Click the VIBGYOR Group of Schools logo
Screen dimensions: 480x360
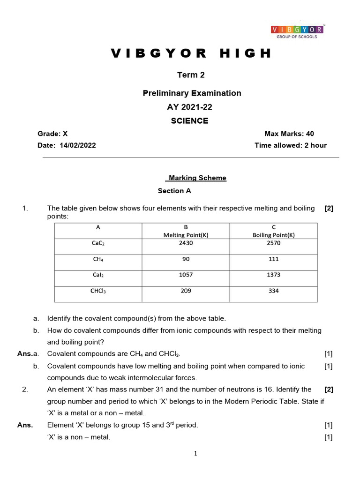pyautogui.click(x=297, y=32)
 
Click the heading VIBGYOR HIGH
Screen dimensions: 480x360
pyautogui.click(x=191, y=53)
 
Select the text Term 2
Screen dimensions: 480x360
pyautogui.click(x=191, y=75)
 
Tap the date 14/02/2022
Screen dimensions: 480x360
pyautogui.click(x=78, y=145)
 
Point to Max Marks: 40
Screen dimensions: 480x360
pyautogui.click(x=289, y=134)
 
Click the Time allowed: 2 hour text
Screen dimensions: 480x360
pyautogui.click(x=291, y=145)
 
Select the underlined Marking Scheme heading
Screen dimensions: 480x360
pyautogui.click(x=196, y=178)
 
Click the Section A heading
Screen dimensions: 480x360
pyautogui.click(x=174, y=191)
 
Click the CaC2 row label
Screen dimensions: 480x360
pyautogui.click(x=98, y=243)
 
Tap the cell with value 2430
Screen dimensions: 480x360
pyautogui.click(x=186, y=243)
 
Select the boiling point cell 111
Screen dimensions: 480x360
pyautogui.click(x=274, y=259)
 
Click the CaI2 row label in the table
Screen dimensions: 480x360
pyautogui.click(x=98, y=275)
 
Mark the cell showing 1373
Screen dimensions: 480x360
pyautogui.click(x=274, y=275)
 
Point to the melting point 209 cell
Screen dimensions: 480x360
pyautogui.click(x=186, y=291)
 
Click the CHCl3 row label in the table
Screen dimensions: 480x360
pyautogui.click(x=98, y=291)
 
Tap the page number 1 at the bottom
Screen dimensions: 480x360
pyautogui.click(x=195, y=453)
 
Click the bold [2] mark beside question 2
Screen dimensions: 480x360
pyautogui.click(x=329, y=389)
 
